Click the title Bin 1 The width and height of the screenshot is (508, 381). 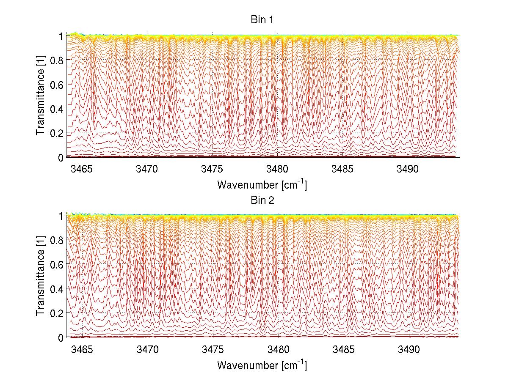click(262, 20)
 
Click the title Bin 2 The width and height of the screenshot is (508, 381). click(262, 200)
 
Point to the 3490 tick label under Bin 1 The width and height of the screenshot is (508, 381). click(409, 169)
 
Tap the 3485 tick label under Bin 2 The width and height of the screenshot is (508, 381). click(344, 349)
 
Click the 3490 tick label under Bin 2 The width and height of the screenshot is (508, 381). click(409, 349)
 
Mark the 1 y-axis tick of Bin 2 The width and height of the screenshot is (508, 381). click(61, 216)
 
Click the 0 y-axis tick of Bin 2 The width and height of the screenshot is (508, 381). click(61, 337)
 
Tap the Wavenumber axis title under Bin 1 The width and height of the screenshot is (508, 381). click(262, 184)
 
